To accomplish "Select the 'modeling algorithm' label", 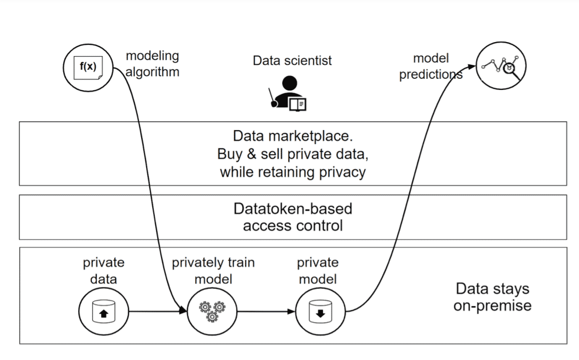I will click(x=152, y=64).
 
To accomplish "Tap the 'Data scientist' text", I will click(x=292, y=60).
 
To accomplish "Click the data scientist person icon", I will click(x=289, y=93).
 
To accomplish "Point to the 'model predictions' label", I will click(x=431, y=67).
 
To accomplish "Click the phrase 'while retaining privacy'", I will click(x=292, y=172).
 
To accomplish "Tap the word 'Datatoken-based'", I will click(x=292, y=209).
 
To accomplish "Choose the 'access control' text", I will click(x=292, y=226).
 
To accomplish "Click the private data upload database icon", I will click(x=103, y=312).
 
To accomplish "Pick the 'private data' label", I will click(x=103, y=271).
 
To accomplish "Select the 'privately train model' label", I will click(x=213, y=271).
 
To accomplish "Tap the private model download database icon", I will click(x=321, y=312).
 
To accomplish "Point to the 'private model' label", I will click(x=318, y=271).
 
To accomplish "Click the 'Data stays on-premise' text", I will click(x=492, y=297).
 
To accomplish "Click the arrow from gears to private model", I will click(x=266, y=312).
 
